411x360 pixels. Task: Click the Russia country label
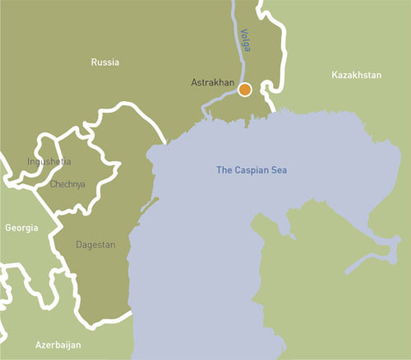[104, 62]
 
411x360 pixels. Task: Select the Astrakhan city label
[213, 83]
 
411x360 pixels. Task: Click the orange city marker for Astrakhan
[245, 90]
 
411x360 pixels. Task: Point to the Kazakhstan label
[357, 76]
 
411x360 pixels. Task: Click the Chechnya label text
[67, 184]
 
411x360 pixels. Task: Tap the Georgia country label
[21, 228]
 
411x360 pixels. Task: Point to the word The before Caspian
[224, 170]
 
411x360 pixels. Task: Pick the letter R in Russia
[92, 62]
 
